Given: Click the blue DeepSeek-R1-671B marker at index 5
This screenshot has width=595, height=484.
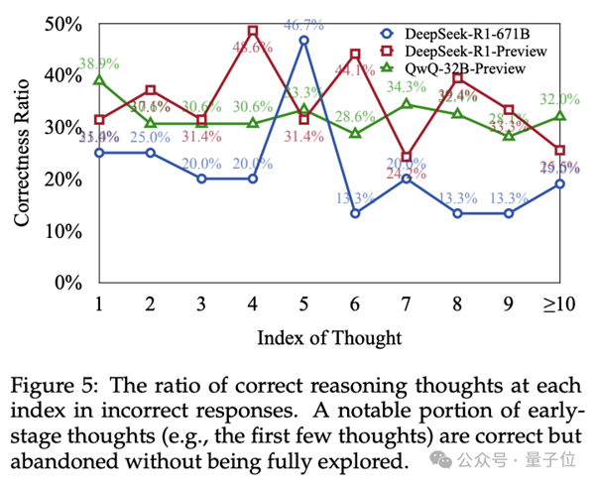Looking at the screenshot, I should click(303, 41).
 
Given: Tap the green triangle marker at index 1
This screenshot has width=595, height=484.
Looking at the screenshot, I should click(97, 79).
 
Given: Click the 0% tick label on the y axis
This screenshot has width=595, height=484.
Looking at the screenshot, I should click(65, 283).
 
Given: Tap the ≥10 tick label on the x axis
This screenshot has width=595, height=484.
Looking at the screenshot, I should click(560, 303).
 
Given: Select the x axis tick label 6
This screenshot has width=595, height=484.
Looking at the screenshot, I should click(355, 303).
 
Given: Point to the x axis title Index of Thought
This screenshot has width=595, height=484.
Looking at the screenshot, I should click(329, 338).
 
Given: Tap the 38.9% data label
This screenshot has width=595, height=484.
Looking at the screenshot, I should click(97, 62).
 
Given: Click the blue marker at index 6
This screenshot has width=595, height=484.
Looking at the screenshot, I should click(355, 213).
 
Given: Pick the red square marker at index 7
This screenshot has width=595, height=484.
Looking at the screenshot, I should click(407, 157).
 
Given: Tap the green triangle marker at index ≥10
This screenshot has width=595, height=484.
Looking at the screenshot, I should click(560, 116).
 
